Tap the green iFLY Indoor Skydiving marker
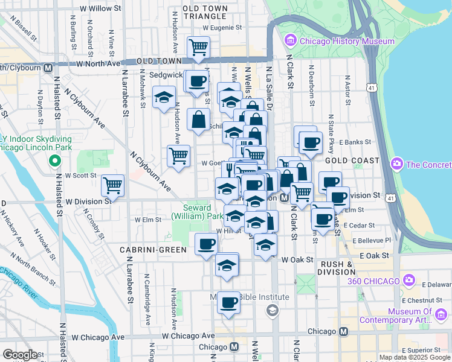tap(54, 161)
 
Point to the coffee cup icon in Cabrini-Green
tap(207, 244)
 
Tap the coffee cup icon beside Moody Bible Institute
tap(228, 302)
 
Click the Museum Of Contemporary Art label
tap(408, 316)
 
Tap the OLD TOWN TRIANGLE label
tap(205, 13)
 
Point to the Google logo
tap(20, 354)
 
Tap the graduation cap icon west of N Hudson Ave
tap(163, 97)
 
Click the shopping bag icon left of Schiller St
tap(198, 120)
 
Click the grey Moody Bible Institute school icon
tap(272, 310)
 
